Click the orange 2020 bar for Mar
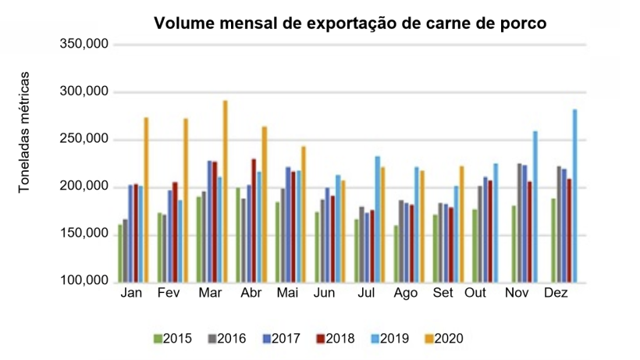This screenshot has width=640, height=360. tap(225, 191)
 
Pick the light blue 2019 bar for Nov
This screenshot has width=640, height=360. tap(535, 207)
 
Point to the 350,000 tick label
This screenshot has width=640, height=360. tap(84, 45)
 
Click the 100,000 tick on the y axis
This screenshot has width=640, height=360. tap(84, 282)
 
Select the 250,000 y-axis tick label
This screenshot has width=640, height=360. tap(84, 140)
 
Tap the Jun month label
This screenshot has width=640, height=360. tap(325, 293)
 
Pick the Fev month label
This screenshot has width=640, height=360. tap(169, 293)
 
